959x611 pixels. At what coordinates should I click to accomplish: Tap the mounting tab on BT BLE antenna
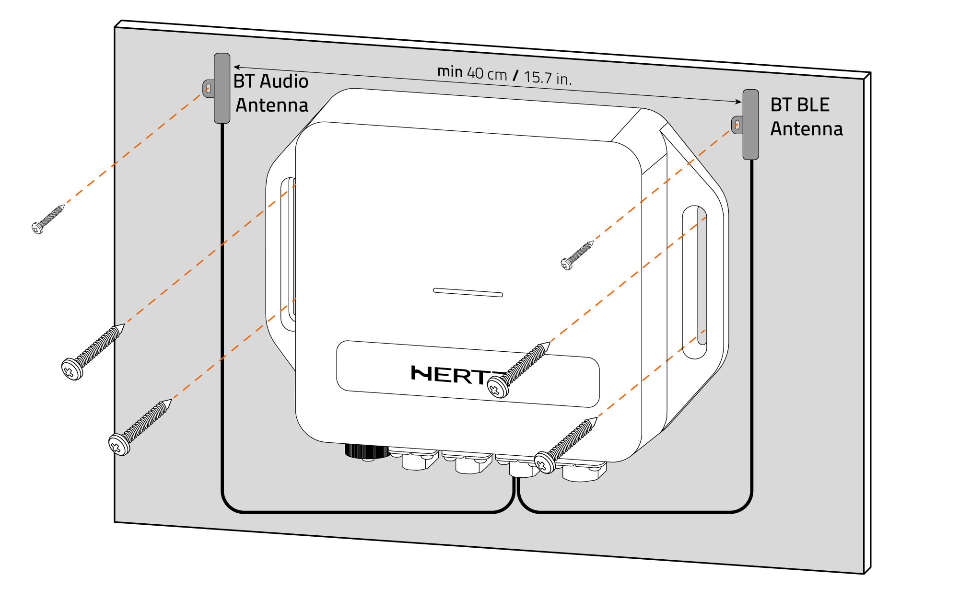click(x=737, y=125)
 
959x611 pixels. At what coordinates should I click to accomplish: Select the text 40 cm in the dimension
click(x=487, y=74)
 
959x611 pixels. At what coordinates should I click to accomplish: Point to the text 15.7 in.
click(x=548, y=78)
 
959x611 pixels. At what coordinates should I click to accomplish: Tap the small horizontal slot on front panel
click(x=468, y=292)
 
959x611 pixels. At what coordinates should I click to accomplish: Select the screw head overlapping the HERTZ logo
click(x=497, y=387)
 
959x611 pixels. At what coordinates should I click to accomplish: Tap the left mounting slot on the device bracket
click(x=288, y=254)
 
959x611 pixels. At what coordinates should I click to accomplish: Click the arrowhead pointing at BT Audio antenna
click(x=237, y=67)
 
